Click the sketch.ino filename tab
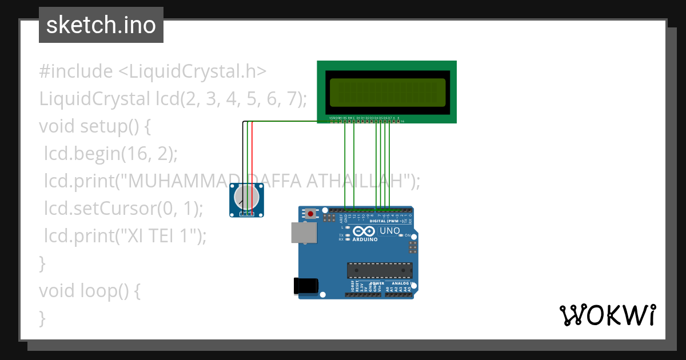(x=101, y=25)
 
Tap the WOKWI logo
(x=607, y=315)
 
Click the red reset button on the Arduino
(x=310, y=214)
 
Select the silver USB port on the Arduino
(x=304, y=233)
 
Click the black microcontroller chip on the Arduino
(x=380, y=270)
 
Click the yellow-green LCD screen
(x=387, y=92)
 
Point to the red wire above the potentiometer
(x=252, y=166)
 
